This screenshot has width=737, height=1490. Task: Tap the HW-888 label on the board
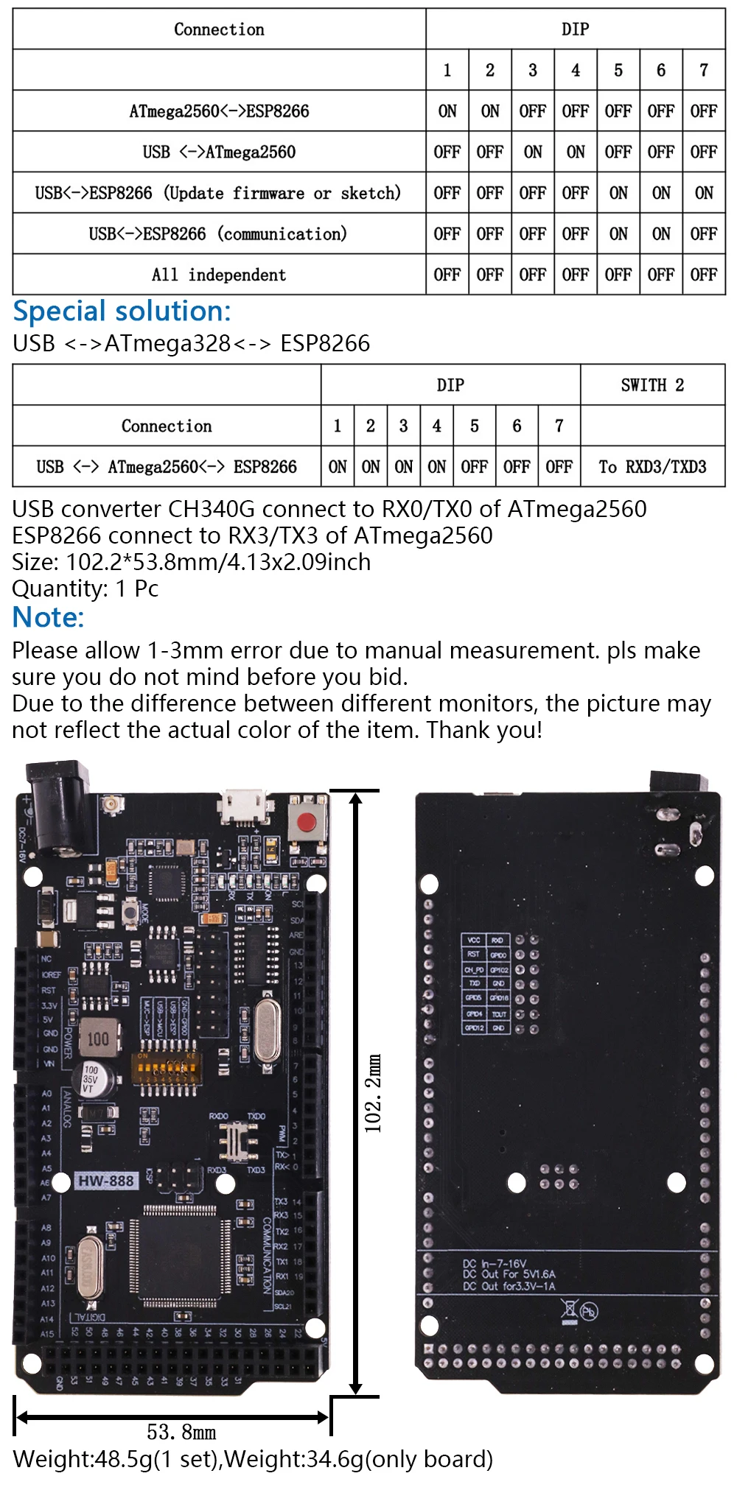[x=106, y=1181]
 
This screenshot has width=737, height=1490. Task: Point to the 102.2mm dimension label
[x=373, y=1094]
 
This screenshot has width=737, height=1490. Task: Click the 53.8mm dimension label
[x=181, y=1432]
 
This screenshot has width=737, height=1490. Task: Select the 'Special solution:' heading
[x=122, y=312]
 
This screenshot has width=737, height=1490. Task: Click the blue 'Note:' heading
[x=49, y=617]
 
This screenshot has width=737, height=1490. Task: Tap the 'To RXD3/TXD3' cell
[x=652, y=467]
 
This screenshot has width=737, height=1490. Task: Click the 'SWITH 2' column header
[x=652, y=385]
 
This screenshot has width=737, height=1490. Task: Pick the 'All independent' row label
[x=219, y=275]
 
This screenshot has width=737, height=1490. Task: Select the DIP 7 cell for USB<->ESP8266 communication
[x=704, y=234]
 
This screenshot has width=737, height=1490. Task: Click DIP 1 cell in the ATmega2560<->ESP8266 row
[x=447, y=111]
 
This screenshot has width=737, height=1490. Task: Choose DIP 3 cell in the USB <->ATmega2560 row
[x=533, y=152]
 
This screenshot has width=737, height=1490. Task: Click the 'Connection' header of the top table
[x=219, y=29]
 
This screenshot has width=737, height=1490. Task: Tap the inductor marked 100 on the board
[x=98, y=1039]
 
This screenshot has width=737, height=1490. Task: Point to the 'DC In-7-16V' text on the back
[x=495, y=1264]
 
